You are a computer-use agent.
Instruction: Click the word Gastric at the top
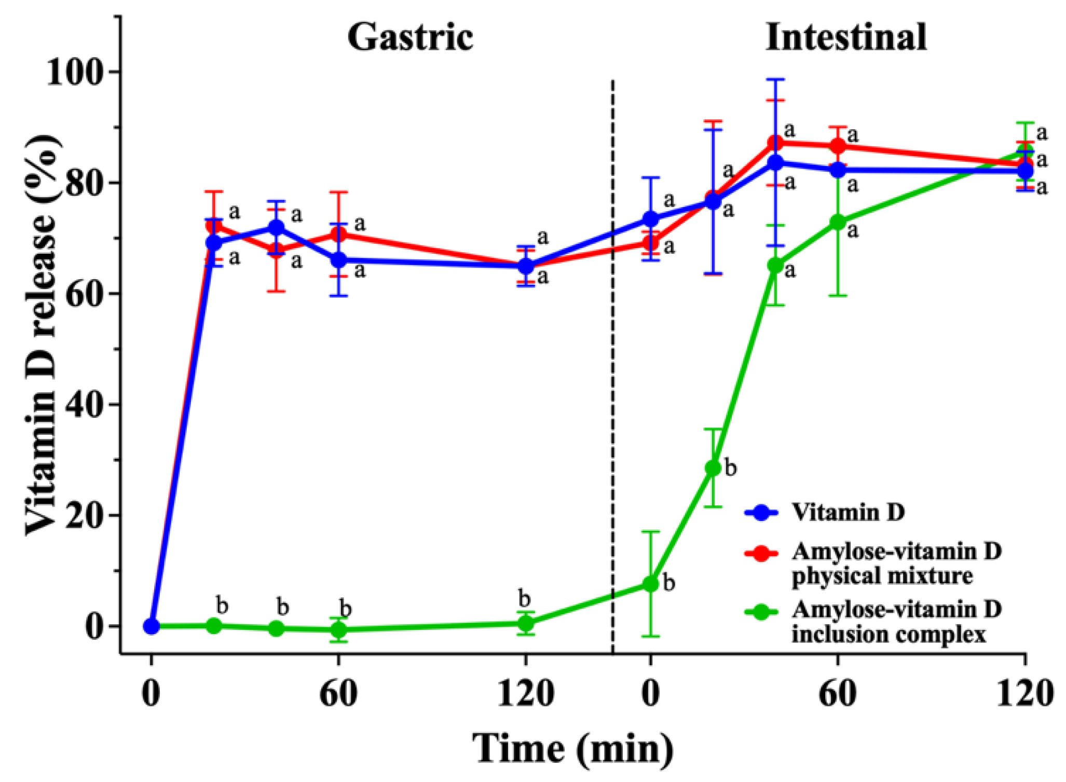point(410,37)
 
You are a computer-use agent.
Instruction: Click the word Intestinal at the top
point(845,37)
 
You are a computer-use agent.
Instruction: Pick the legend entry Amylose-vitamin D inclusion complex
point(895,622)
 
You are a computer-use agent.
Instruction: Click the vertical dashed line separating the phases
point(613,363)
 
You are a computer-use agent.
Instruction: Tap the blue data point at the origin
point(151,626)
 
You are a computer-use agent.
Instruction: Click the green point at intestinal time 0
point(650,584)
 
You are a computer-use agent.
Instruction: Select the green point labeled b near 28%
point(713,468)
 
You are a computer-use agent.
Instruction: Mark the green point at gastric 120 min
point(526,623)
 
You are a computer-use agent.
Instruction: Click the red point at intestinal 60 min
point(837,146)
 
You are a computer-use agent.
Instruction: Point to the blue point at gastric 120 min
point(526,266)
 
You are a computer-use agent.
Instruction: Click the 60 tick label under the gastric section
point(338,694)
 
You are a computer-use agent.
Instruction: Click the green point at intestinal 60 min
point(837,222)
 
